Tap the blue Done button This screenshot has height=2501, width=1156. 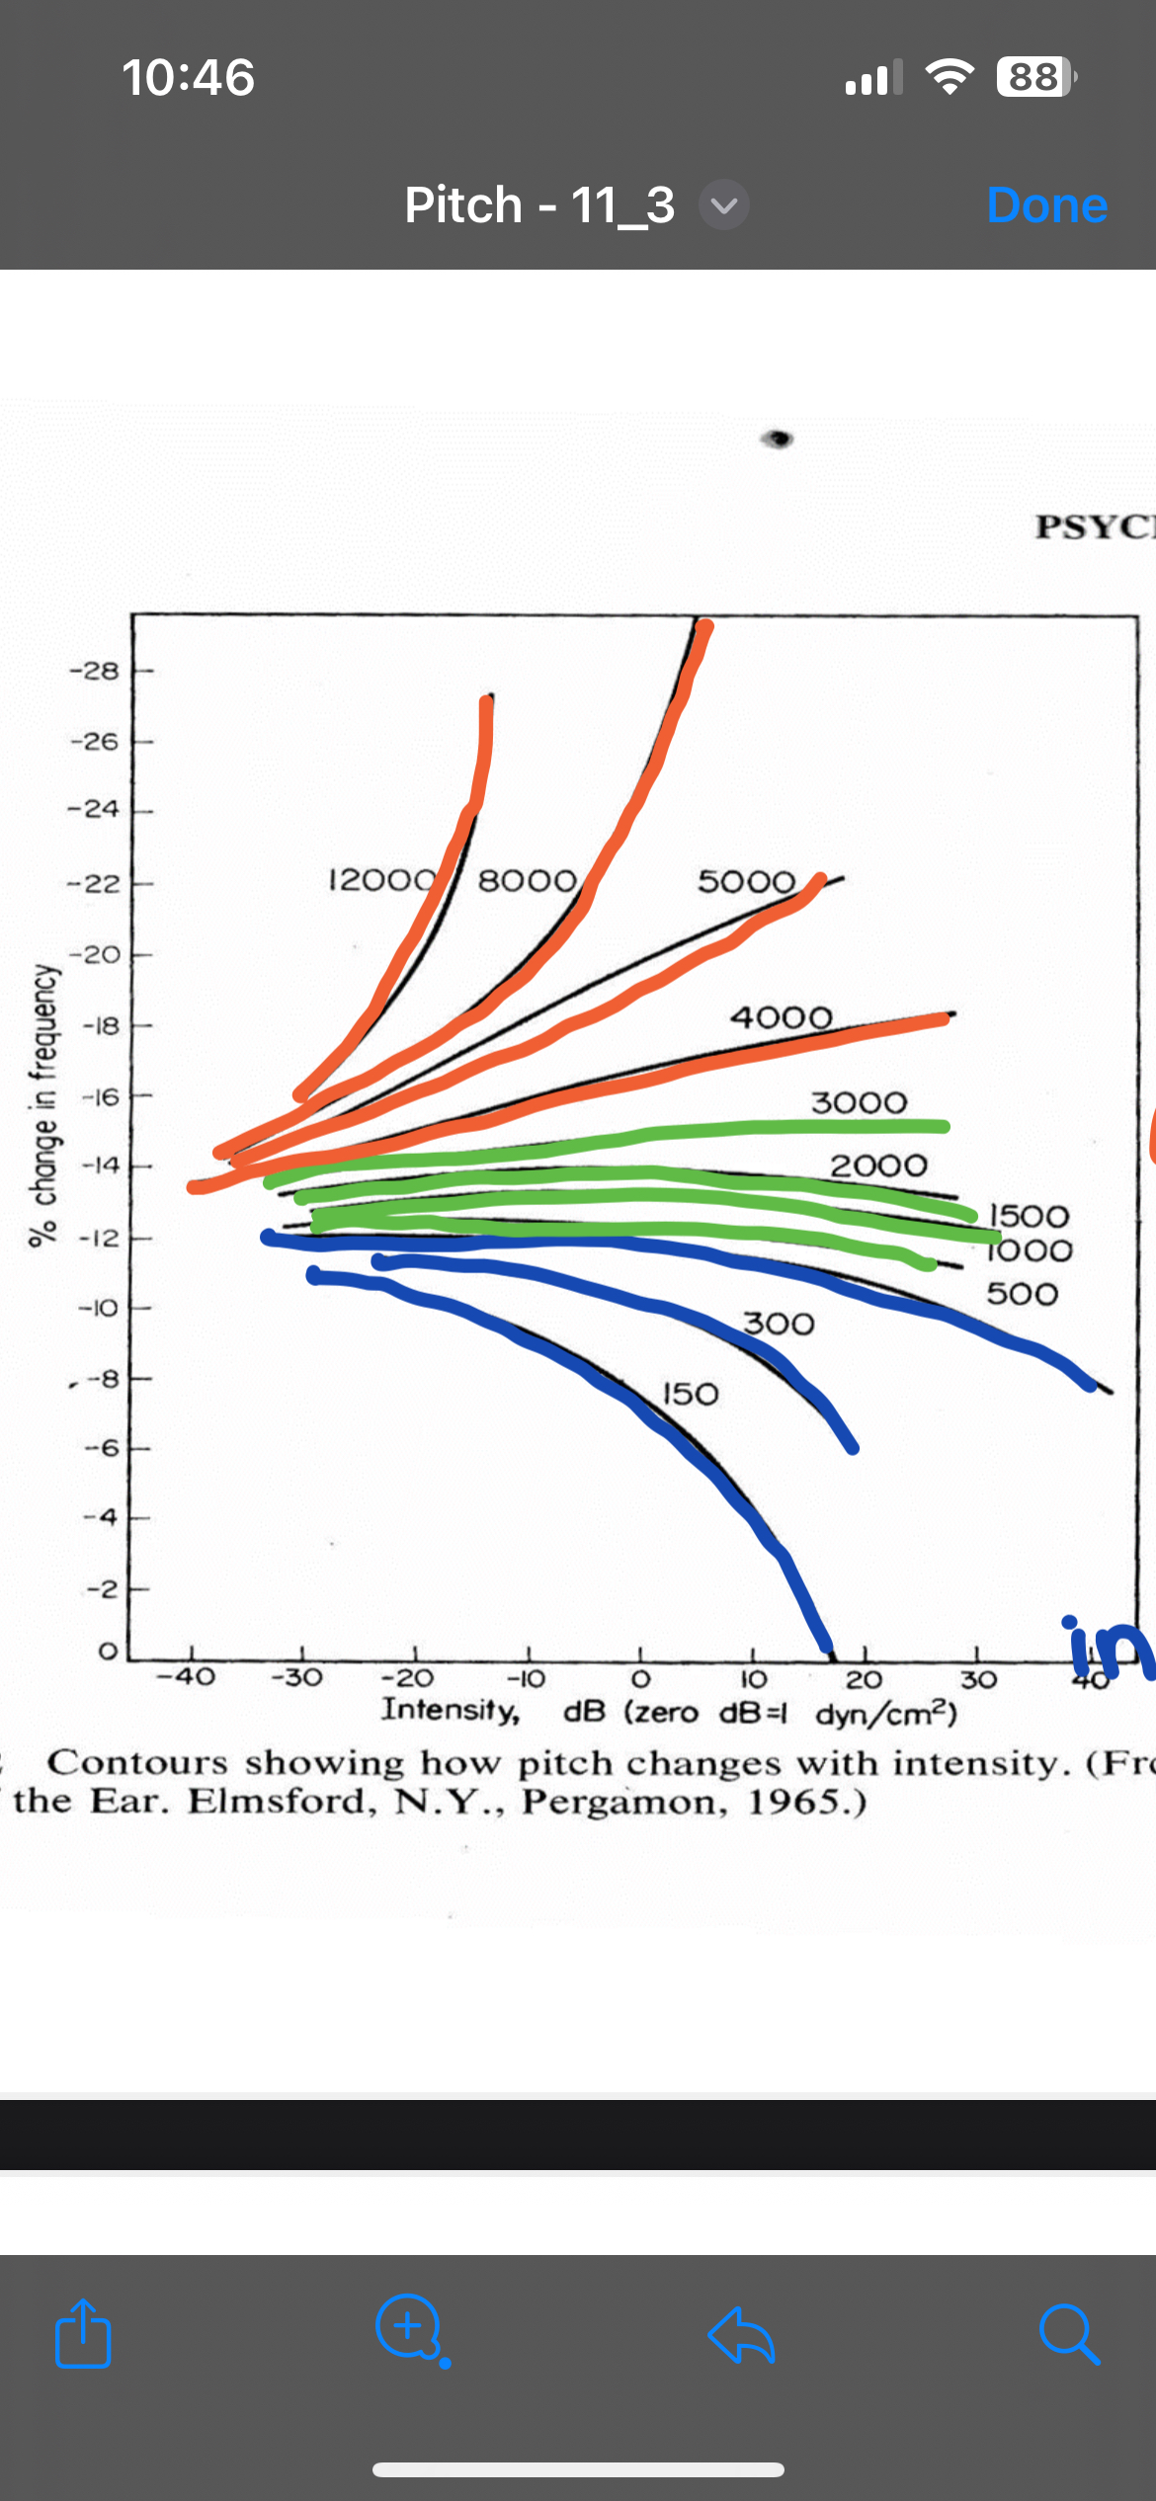click(x=1046, y=205)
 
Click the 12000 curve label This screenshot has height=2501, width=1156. click(x=381, y=879)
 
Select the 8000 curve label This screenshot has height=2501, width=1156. click(x=527, y=880)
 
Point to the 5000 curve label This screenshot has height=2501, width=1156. click(x=746, y=881)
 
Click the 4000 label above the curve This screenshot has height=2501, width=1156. click(x=781, y=1016)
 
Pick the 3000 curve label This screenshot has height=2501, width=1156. click(x=858, y=1102)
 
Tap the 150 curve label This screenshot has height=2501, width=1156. click(x=690, y=1394)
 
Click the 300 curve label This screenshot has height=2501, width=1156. click(x=779, y=1324)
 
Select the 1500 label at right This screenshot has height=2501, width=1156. click(x=1029, y=1216)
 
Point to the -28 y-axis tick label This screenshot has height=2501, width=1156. click(x=94, y=671)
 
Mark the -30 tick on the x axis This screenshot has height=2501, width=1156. click(x=296, y=1677)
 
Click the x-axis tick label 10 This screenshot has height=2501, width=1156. click(x=753, y=1679)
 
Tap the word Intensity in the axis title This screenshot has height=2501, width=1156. click(x=451, y=1709)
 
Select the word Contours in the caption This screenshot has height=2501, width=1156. click(x=137, y=1763)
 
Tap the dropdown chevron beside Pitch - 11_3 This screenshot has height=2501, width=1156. click(x=724, y=205)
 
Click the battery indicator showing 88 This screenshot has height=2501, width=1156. click(x=1033, y=77)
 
